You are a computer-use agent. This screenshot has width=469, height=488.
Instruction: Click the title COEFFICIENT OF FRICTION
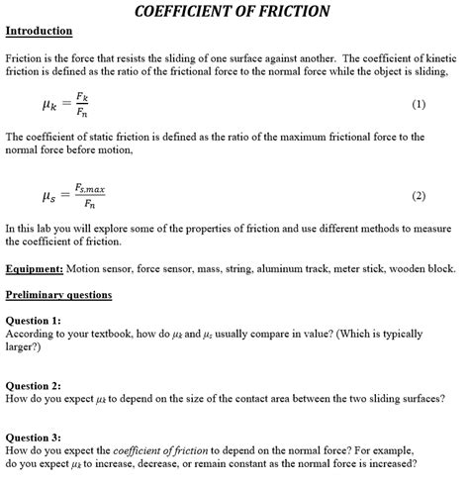(x=232, y=12)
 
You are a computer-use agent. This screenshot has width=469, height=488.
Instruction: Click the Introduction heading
(x=39, y=32)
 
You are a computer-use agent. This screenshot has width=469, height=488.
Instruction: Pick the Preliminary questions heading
(x=58, y=295)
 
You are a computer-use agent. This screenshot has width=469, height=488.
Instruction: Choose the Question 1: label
(x=34, y=321)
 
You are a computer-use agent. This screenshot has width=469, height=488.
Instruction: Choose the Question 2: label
(x=34, y=386)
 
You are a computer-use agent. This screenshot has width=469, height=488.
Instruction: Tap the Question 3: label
(x=34, y=438)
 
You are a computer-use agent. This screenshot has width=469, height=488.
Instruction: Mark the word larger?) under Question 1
(x=25, y=348)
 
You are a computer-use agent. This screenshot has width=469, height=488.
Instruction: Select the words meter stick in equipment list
(x=347, y=268)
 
